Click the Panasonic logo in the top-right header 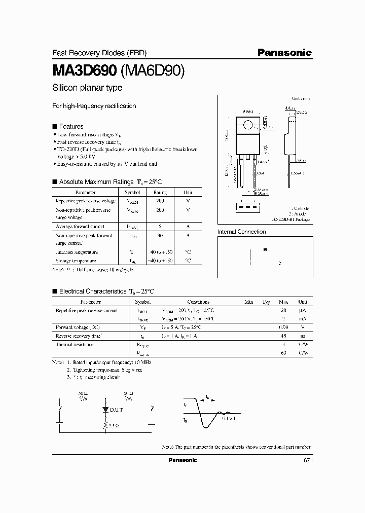pyautogui.click(x=284, y=52)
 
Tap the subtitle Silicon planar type pyautogui.click(x=87, y=88)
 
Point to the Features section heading pyautogui.click(x=71, y=126)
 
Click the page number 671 pyautogui.click(x=308, y=460)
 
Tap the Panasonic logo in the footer pyautogui.click(x=182, y=460)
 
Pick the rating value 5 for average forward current pyautogui.click(x=160, y=227)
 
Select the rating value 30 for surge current pyautogui.click(x=160, y=236)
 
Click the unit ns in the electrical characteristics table pyautogui.click(x=303, y=336)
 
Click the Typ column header pyautogui.click(x=266, y=301)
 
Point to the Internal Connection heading pyautogui.click(x=241, y=232)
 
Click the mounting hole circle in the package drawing pyautogui.click(x=248, y=125)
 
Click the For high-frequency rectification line pyautogui.click(x=94, y=106)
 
